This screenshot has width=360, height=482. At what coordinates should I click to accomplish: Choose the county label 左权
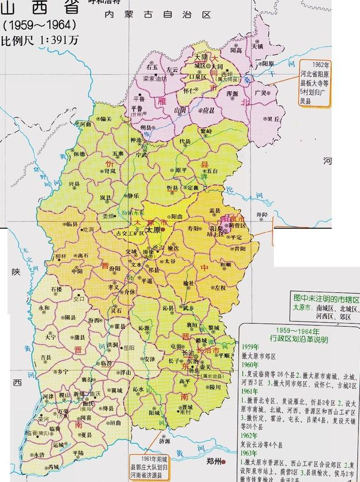tap(220, 288)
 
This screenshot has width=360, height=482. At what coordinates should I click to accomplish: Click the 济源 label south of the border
tap(165, 442)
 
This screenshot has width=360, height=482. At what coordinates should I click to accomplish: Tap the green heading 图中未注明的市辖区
tap(326, 299)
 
